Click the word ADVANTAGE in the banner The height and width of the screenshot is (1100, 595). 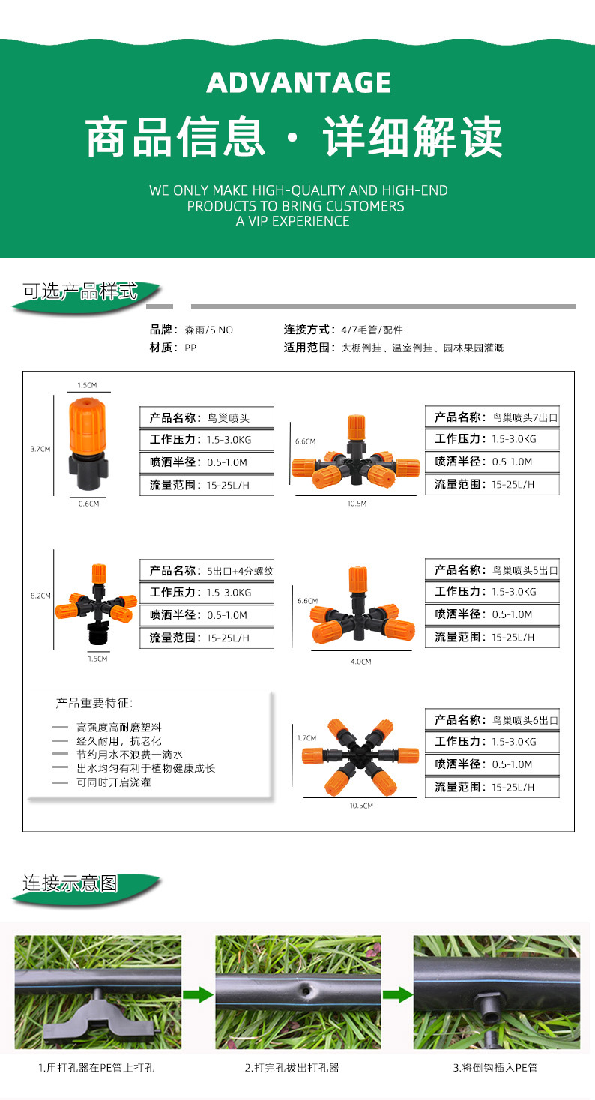[x=298, y=82]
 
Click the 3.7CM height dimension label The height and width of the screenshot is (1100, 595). [x=40, y=449]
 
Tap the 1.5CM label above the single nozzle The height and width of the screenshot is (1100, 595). [x=87, y=385]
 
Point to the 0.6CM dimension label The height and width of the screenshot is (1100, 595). [x=88, y=504]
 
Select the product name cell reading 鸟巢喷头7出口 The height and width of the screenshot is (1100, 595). [x=492, y=417]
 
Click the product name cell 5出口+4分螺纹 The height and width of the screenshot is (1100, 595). [x=207, y=570]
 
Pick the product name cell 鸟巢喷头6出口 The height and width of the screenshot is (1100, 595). [x=492, y=720]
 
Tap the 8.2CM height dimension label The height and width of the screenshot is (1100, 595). [x=40, y=596]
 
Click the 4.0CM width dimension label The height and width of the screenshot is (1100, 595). [x=361, y=662]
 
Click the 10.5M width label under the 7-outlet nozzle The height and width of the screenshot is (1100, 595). [x=357, y=504]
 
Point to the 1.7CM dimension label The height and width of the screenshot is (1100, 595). [x=307, y=738]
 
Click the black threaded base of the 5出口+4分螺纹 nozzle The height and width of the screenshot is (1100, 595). [x=98, y=638]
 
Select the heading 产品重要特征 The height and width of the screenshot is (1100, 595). [x=94, y=704]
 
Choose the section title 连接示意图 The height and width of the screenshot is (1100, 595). [x=70, y=883]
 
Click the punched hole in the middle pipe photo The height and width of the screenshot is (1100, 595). [x=305, y=991]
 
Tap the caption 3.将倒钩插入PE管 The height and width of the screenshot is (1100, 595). [x=495, y=1068]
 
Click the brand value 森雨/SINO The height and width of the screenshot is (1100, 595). [x=208, y=330]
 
